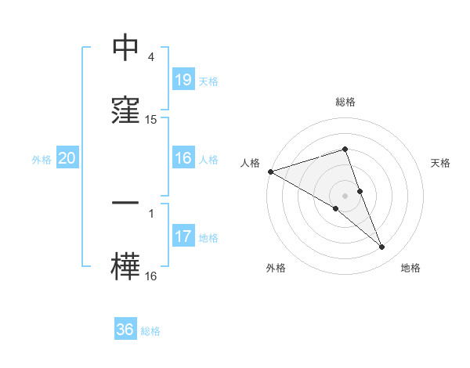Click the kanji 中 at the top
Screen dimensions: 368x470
click(125, 48)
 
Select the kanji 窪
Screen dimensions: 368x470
click(125, 109)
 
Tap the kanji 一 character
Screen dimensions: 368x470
click(125, 203)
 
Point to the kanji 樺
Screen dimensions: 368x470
click(125, 265)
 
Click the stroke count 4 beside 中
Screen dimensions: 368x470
click(151, 57)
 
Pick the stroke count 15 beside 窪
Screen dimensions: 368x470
click(151, 120)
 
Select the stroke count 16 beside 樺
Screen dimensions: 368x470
click(151, 276)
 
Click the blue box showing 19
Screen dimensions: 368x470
click(183, 79)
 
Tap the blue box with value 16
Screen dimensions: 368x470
click(183, 158)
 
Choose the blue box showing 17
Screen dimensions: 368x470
click(183, 236)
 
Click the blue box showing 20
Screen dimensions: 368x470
click(67, 158)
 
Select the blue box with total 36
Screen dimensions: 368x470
click(125, 330)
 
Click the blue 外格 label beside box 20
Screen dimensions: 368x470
click(42, 160)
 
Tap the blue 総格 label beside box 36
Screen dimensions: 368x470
click(150, 331)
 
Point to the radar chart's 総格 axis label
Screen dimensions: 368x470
click(345, 102)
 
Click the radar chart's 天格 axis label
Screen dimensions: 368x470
click(441, 163)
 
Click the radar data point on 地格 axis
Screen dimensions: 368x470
click(382, 247)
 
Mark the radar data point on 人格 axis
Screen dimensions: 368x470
click(270, 171)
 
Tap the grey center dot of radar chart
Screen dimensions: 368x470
click(345, 196)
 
